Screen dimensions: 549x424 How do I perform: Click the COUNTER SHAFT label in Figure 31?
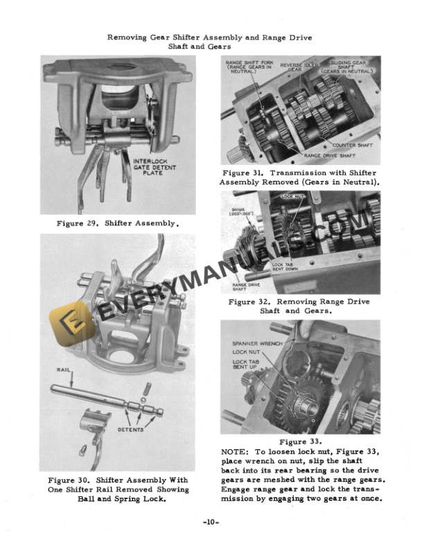tap(350, 146)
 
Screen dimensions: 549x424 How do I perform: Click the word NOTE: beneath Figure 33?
tap(234, 451)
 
